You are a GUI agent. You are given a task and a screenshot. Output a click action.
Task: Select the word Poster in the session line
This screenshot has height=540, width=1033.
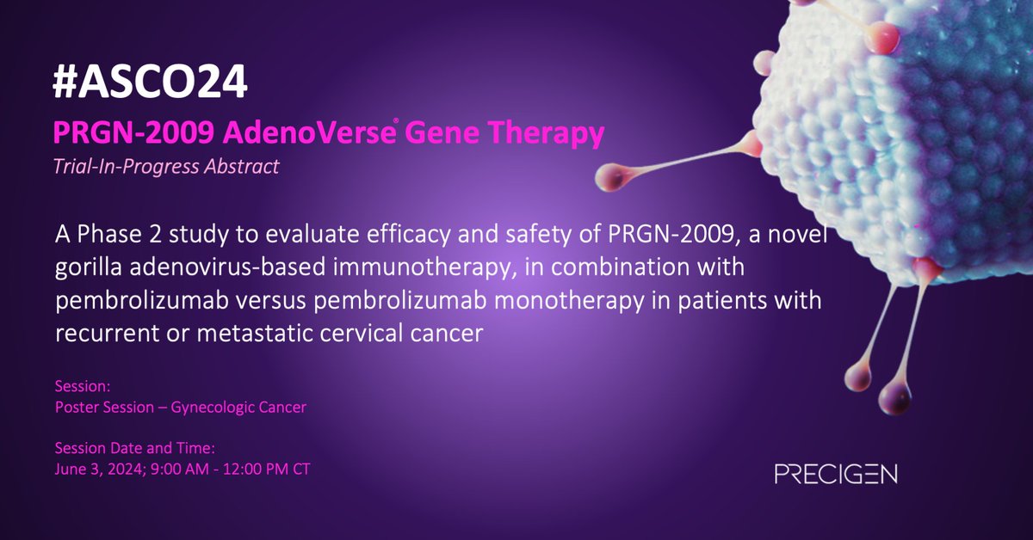click(74, 407)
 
